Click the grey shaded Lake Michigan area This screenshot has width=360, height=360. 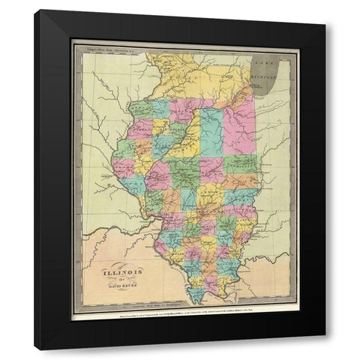271,71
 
